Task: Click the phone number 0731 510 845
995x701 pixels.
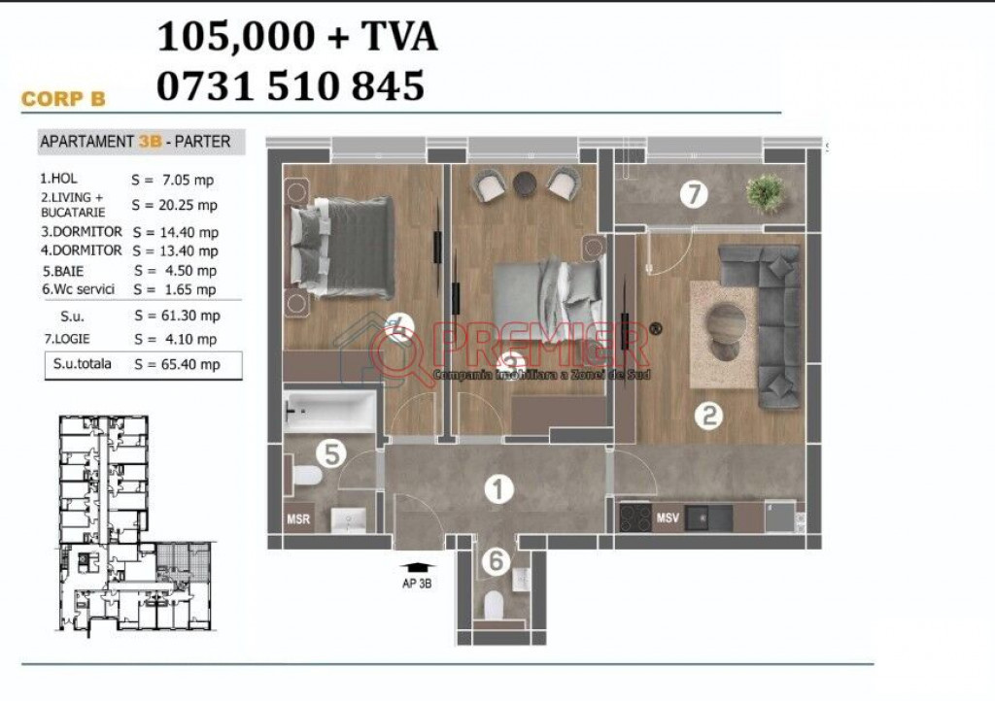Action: click(290, 86)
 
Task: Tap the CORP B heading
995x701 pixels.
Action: click(63, 99)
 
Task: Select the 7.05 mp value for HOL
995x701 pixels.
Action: click(188, 180)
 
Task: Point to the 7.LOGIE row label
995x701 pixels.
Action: click(67, 339)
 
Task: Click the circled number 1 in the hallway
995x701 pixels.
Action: click(498, 489)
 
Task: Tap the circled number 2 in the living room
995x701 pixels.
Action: click(708, 416)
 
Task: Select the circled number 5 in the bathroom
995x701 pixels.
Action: click(330, 453)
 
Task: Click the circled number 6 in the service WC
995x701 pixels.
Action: click(496, 561)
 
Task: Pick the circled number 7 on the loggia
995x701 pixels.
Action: click(694, 194)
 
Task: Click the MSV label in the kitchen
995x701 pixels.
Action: click(668, 517)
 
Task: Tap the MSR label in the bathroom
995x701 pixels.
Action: click(298, 519)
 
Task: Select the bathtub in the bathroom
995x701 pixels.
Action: click(329, 412)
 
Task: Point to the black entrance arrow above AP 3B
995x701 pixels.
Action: click(417, 567)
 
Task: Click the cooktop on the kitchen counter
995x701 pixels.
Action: click(635, 517)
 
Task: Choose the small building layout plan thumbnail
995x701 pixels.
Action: click(136, 523)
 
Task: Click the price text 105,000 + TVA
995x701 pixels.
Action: click(297, 37)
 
